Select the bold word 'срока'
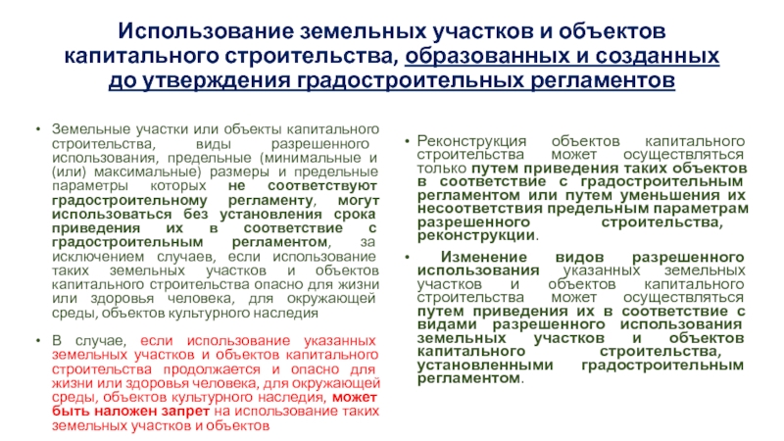[x=355, y=214]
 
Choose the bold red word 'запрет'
[x=185, y=411]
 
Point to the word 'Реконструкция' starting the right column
[x=471, y=141]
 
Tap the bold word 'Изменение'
[x=483, y=257]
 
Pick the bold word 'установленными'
[x=485, y=365]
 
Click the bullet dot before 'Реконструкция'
[x=407, y=141]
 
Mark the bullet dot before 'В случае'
[x=38, y=340]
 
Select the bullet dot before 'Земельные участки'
[x=38, y=129]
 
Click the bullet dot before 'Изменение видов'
[x=407, y=257]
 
